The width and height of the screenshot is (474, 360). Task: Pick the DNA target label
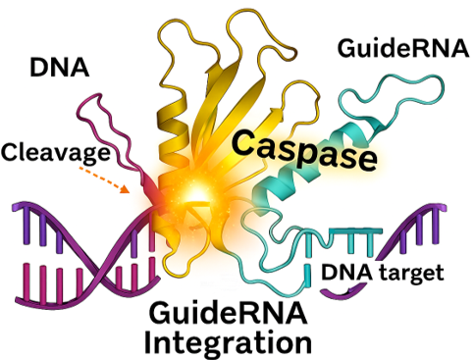pos(382,272)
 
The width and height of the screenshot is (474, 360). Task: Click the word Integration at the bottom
pos(228,343)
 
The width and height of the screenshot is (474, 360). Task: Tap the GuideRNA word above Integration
pos(228,314)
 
